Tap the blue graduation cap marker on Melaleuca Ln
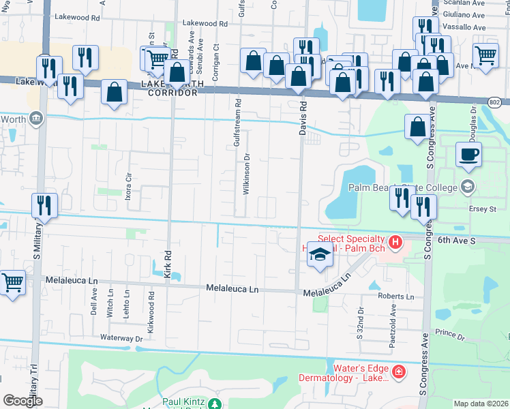pos(320,256)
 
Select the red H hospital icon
pos(394,242)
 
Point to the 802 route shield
pos(496,102)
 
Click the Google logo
pos(22,401)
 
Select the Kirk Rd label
pos(168,262)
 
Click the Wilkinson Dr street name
pos(246,175)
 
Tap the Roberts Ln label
pos(396,297)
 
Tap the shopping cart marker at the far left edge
pos(12,282)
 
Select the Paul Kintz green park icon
pos(215,404)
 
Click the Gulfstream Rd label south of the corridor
pos(237,124)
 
